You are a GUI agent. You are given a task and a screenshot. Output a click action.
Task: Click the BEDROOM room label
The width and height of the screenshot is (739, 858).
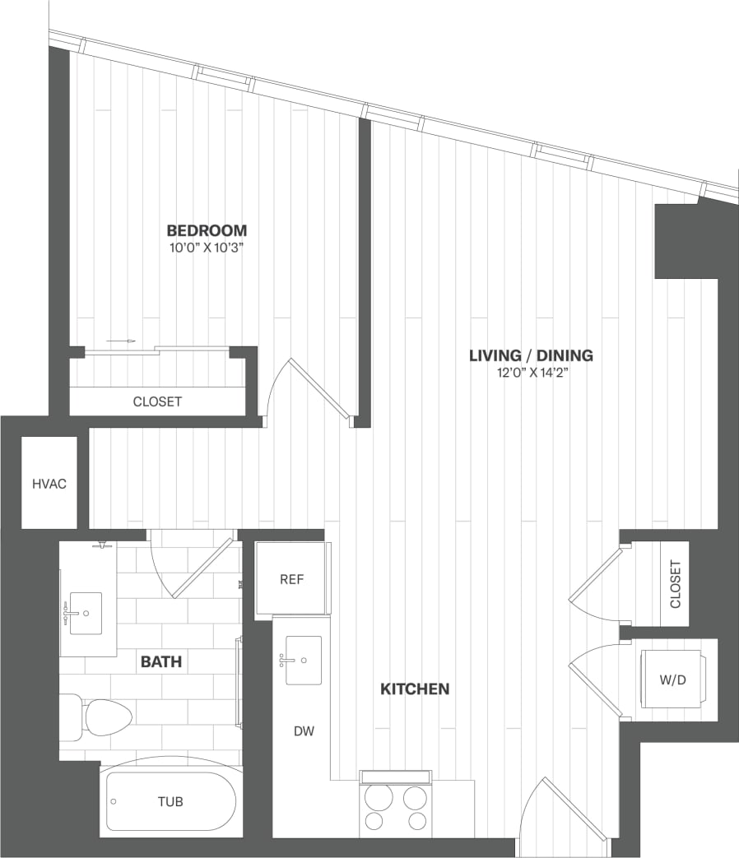click(207, 230)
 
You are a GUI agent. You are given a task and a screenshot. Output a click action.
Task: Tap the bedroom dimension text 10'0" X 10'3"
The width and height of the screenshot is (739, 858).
click(207, 247)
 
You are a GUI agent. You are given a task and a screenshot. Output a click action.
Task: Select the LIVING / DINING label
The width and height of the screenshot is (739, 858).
click(531, 355)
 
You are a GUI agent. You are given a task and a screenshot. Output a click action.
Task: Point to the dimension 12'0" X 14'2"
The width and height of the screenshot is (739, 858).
click(531, 373)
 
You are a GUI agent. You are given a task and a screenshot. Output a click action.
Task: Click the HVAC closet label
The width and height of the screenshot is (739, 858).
click(49, 484)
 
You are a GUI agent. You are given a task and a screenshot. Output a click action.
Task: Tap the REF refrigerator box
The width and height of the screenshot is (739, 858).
click(292, 579)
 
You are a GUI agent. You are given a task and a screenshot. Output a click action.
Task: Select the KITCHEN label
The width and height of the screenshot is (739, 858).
click(415, 689)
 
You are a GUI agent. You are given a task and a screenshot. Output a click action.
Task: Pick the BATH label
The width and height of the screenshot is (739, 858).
click(161, 661)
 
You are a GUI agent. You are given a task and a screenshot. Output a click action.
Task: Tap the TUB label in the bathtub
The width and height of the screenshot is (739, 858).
click(170, 802)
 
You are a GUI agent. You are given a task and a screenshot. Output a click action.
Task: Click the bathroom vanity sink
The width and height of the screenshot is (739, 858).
click(86, 613)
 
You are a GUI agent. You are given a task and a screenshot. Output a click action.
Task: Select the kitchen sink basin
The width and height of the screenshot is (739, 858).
click(304, 661)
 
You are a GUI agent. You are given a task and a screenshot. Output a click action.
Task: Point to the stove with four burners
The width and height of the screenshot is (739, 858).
click(396, 807)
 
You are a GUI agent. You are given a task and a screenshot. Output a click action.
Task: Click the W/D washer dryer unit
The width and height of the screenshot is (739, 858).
click(673, 679)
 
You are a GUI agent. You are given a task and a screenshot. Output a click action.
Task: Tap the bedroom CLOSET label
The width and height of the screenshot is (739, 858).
click(157, 401)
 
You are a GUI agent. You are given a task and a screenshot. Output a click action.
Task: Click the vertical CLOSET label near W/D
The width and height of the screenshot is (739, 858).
click(676, 585)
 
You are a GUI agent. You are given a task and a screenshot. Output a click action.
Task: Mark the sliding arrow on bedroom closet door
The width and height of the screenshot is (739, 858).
click(120, 340)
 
